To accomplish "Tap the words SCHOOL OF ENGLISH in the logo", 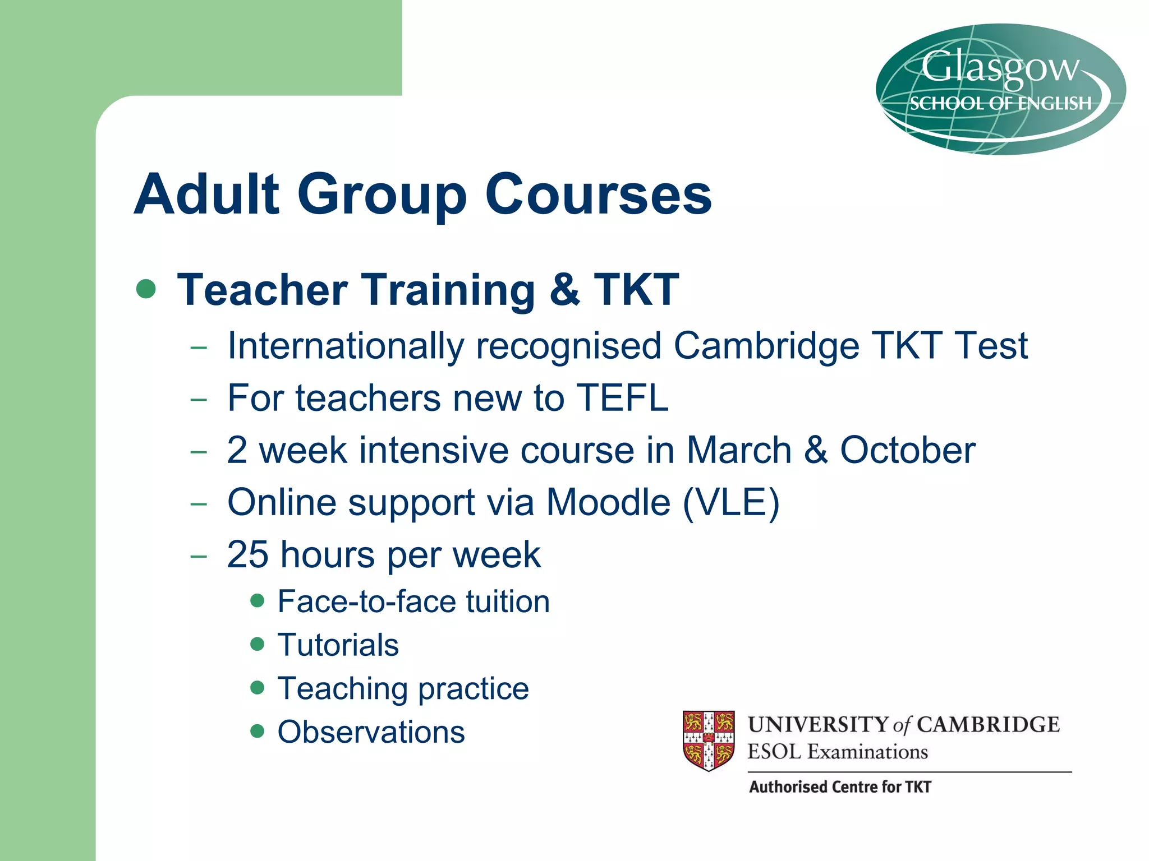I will (x=1000, y=104).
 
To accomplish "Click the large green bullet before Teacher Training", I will (x=146, y=289).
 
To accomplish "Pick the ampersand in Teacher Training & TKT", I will (x=564, y=290).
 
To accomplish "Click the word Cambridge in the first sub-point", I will (x=766, y=345).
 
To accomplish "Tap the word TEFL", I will (x=622, y=398).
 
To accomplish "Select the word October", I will (x=907, y=450).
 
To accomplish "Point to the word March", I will (x=739, y=450).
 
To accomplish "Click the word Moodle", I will (x=608, y=502).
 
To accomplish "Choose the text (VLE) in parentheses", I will (x=731, y=502).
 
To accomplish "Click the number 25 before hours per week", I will (x=247, y=554).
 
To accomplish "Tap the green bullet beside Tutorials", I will (x=258, y=644).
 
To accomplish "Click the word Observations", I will (x=371, y=732).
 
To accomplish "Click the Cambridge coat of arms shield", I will (x=709, y=740).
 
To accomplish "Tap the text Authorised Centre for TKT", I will (x=840, y=787).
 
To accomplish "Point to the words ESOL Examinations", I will (x=838, y=752).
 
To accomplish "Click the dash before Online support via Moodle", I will (x=199, y=503).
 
